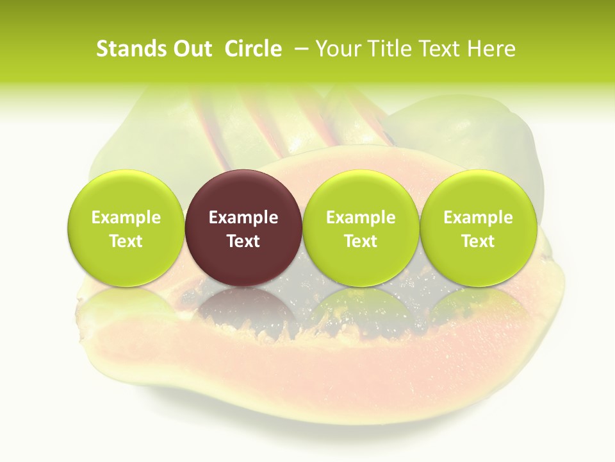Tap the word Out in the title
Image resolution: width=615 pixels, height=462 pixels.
[190, 49]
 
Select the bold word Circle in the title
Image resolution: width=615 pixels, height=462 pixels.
[253, 49]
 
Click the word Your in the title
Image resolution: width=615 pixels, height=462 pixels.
[337, 49]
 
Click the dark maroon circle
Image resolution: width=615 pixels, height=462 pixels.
[243, 193]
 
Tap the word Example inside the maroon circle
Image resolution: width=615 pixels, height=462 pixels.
[243, 218]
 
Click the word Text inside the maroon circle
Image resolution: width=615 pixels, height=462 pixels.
[243, 241]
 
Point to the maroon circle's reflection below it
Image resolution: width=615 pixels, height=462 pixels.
[243, 308]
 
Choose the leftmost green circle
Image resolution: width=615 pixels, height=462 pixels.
[126, 193]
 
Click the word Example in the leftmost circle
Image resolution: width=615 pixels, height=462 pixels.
[126, 218]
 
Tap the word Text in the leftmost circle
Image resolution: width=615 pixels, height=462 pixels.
[126, 241]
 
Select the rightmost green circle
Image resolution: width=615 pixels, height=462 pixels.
[479, 193]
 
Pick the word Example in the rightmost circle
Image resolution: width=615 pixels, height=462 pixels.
[479, 218]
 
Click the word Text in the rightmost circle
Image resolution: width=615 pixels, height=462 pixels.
[479, 241]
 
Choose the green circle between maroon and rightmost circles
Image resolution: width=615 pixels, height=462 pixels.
[361, 193]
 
